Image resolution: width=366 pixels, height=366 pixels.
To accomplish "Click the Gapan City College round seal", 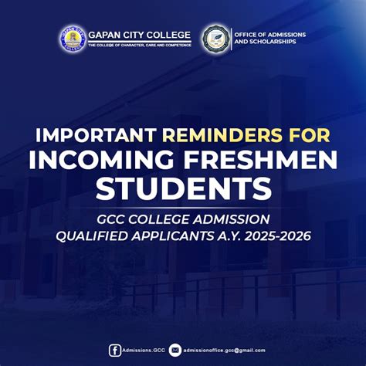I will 73,39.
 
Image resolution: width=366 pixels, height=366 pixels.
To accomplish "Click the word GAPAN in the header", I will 104,35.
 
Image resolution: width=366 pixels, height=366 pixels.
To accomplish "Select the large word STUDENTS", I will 182,188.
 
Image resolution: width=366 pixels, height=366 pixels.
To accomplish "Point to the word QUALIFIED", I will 93,235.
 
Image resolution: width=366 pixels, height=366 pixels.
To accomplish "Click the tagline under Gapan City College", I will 138,45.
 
